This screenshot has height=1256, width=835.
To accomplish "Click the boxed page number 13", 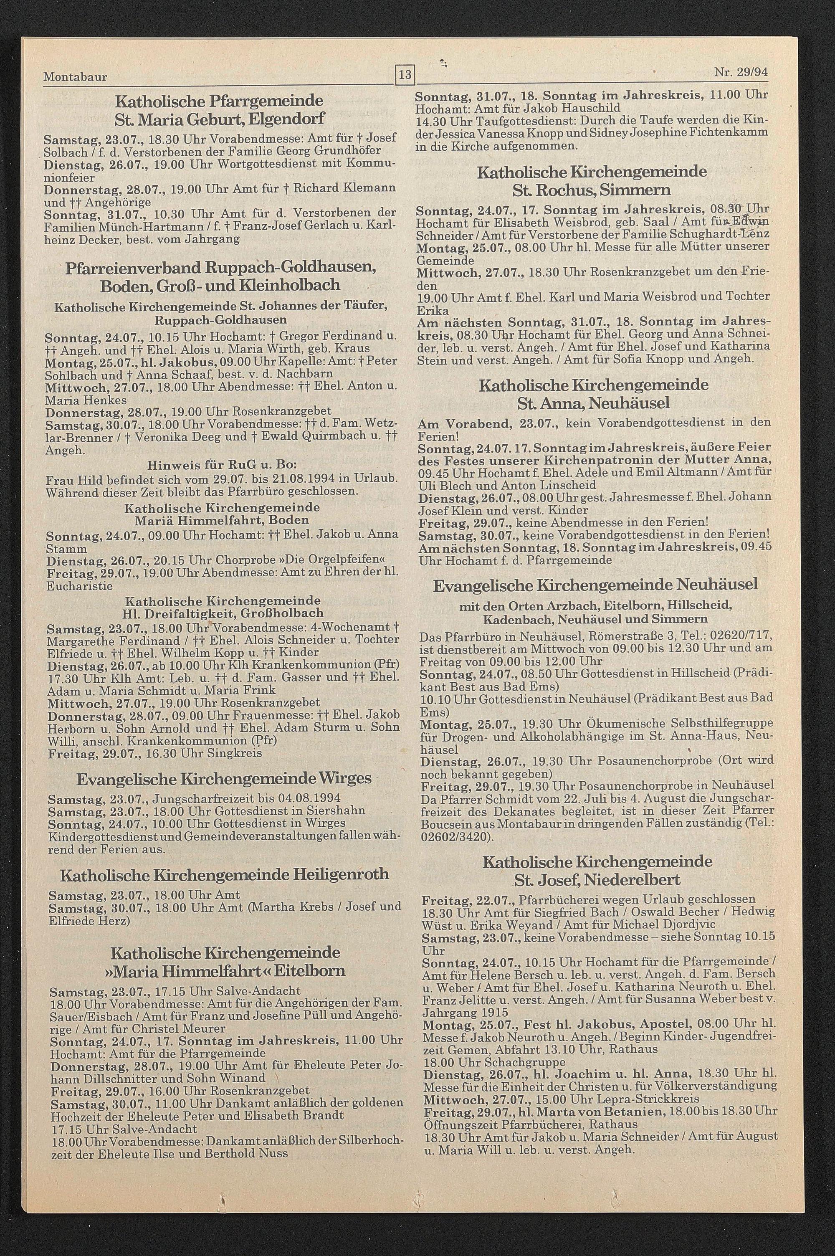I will pyautogui.click(x=405, y=75).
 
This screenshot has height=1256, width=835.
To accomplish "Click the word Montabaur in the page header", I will pyautogui.click(x=75, y=77).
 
